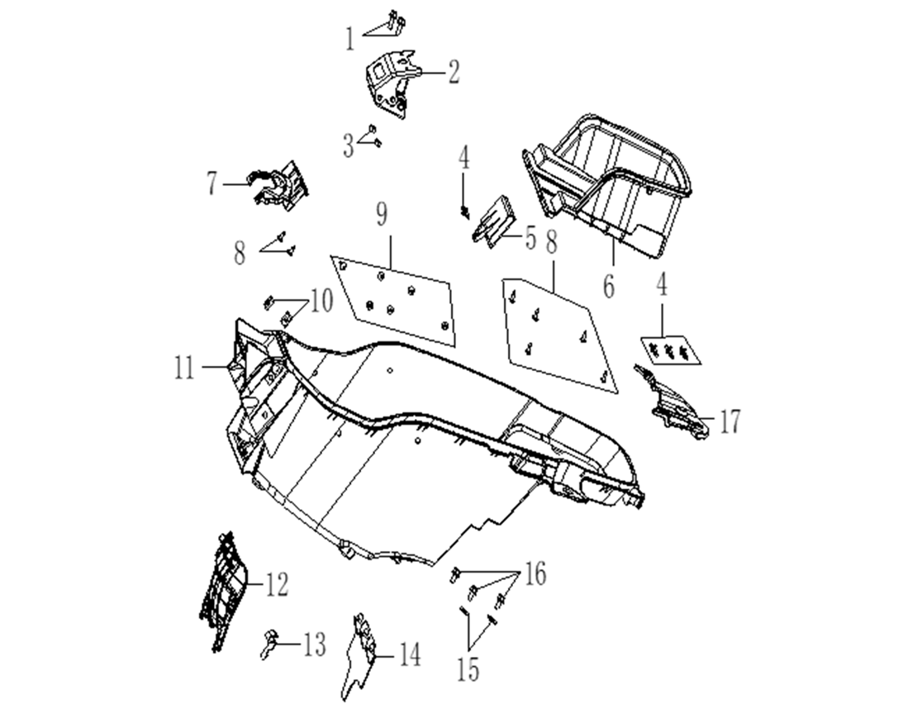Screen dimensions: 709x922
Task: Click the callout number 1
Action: click(350, 38)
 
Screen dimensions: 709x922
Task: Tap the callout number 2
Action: click(454, 73)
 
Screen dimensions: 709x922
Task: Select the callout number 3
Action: click(349, 147)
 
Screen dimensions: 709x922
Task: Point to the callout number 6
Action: click(609, 286)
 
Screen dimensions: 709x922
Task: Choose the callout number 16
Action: click(535, 573)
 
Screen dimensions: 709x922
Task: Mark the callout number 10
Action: click(321, 301)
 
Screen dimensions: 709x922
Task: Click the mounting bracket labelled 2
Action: click(388, 83)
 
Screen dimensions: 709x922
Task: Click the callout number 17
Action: click(729, 421)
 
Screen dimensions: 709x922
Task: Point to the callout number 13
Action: click(315, 645)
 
